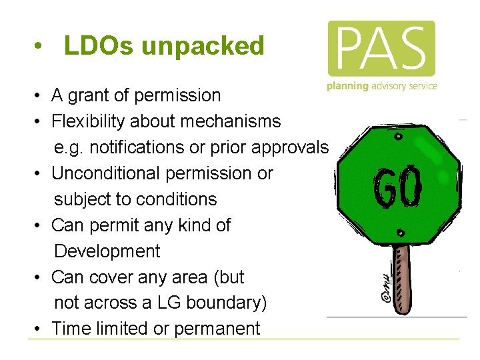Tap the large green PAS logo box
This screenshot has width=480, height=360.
click(381, 48)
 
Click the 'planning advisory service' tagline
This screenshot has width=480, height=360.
click(382, 86)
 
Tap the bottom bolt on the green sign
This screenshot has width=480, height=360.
click(400, 233)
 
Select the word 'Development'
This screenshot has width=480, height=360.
click(107, 251)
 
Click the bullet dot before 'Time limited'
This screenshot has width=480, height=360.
click(41, 329)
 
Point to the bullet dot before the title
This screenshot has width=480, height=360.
click(41, 47)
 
